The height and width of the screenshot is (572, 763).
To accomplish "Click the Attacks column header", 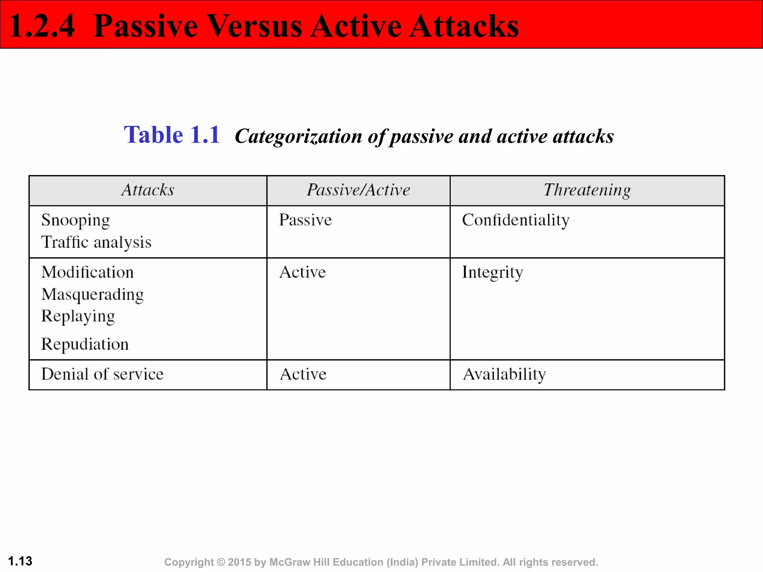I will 148,190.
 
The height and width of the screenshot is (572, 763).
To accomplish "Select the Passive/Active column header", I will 358,190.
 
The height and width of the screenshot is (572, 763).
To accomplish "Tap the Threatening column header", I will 587,190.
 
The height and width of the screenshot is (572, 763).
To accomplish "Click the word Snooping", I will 76,220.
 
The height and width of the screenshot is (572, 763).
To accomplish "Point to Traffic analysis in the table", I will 96,242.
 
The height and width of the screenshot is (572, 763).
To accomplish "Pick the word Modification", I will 87,272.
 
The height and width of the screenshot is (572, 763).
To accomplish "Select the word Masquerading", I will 92,295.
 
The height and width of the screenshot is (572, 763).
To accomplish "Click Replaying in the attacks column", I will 78,317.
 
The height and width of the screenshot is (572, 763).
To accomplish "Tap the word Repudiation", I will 85,344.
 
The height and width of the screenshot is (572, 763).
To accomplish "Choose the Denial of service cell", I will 102,374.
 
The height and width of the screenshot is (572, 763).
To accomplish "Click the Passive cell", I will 305,220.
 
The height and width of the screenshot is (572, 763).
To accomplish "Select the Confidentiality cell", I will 516,220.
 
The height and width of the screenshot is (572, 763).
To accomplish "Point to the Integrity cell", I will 492,273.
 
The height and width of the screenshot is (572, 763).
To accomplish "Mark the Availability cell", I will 504,374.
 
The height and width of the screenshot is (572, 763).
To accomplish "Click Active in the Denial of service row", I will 303,374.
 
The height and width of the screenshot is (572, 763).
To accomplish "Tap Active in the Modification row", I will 303,272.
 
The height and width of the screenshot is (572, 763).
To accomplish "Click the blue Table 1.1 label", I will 172,135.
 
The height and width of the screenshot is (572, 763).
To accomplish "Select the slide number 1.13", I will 20,561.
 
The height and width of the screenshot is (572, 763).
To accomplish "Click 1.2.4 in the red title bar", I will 41,26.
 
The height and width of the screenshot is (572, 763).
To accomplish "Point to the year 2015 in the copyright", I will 240,562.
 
